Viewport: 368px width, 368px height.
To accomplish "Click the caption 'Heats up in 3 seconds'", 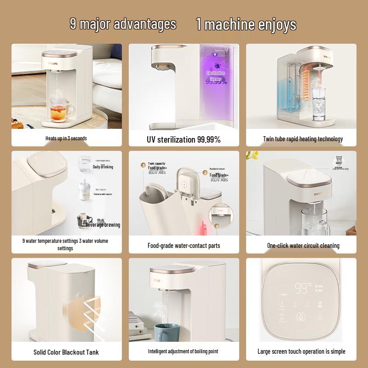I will tap(66, 138).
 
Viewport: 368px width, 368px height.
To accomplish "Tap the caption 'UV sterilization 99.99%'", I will tap(184, 139).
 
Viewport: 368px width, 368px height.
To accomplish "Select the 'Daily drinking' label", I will tap(103, 167).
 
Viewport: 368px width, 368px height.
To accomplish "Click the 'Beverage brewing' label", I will tap(103, 224).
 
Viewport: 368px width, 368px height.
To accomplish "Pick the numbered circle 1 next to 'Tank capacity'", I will tap(143, 164).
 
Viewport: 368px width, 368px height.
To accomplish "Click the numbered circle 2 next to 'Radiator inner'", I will tap(205, 173).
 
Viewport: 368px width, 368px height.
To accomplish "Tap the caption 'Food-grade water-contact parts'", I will tap(184, 246).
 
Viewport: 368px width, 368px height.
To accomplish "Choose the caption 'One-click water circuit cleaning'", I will tap(303, 246).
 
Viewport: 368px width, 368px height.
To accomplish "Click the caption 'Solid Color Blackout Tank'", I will tap(66, 352).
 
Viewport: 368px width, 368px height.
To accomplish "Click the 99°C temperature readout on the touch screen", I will tap(304, 288).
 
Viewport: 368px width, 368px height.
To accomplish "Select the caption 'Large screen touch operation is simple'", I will tap(301, 352).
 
